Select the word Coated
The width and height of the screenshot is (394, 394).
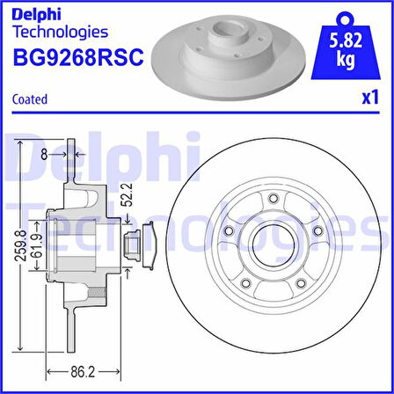click(30, 99)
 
